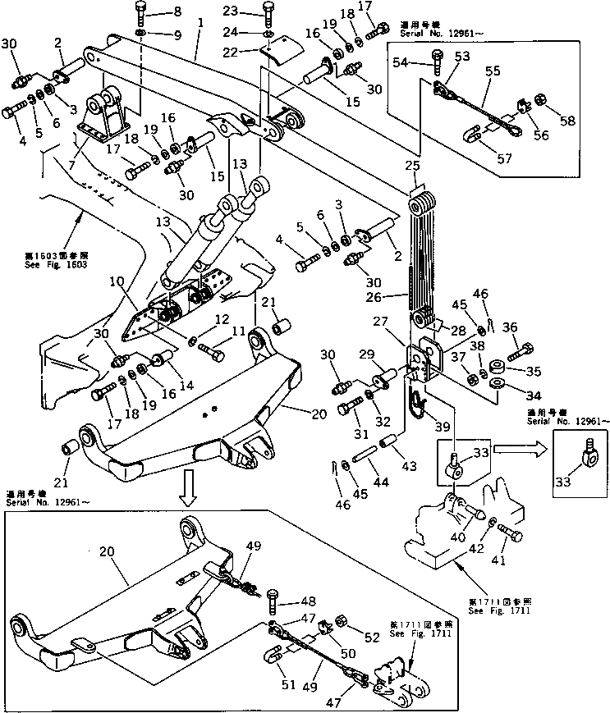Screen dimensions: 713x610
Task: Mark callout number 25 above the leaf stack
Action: coord(412,167)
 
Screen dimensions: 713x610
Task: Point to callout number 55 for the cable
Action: coord(492,72)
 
